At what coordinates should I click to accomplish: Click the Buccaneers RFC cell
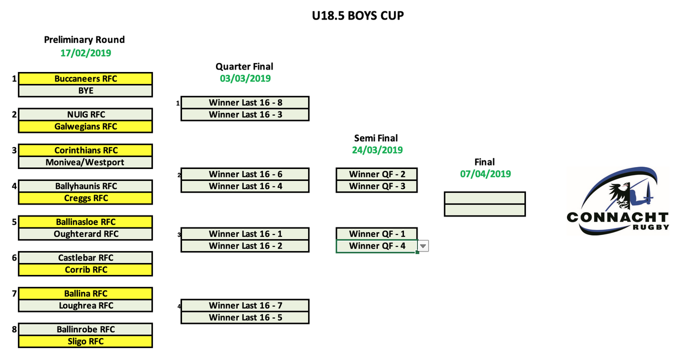(x=85, y=78)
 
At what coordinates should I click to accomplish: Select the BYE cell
(x=85, y=90)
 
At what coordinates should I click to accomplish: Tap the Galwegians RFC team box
(x=85, y=126)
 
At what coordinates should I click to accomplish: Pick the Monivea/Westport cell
(x=85, y=162)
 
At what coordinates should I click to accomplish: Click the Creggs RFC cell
(x=85, y=198)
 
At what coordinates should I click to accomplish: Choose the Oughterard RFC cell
(x=85, y=234)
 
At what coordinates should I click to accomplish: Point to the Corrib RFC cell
(x=85, y=269)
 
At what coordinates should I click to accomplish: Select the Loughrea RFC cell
(x=85, y=305)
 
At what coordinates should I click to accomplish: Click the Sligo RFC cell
(x=85, y=341)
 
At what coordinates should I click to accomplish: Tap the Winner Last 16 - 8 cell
(x=245, y=102)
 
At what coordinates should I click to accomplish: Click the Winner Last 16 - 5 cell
(x=245, y=317)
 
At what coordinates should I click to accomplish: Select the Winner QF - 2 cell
(x=376, y=174)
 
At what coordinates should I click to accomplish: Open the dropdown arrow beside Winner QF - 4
(x=423, y=246)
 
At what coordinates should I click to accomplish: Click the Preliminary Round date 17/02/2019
(x=85, y=52)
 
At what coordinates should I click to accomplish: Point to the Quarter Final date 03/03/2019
(x=245, y=78)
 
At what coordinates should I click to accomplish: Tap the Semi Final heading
(x=376, y=138)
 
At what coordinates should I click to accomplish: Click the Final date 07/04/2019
(x=485, y=173)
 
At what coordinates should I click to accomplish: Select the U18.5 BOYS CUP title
(x=357, y=16)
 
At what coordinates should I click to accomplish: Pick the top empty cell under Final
(x=484, y=198)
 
